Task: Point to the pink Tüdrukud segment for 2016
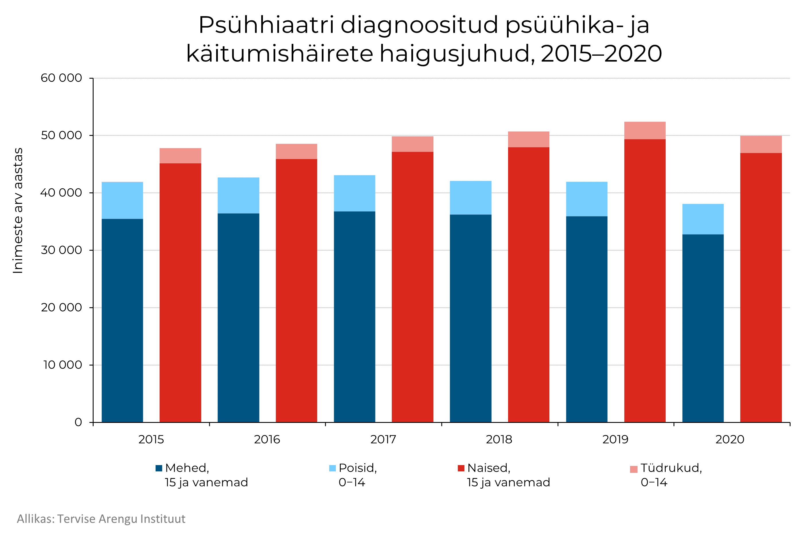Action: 297,151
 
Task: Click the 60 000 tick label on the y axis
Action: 61,78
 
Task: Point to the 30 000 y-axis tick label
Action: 61,250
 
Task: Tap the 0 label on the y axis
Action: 78,422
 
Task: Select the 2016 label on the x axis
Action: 267,440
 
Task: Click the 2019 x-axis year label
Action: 615,440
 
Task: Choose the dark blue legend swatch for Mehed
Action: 159,468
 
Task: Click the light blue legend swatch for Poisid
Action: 332,468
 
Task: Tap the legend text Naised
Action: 489,468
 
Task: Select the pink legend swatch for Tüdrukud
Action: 634,469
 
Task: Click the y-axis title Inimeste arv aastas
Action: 18,211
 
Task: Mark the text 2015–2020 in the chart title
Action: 601,54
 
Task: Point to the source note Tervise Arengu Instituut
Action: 121,519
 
